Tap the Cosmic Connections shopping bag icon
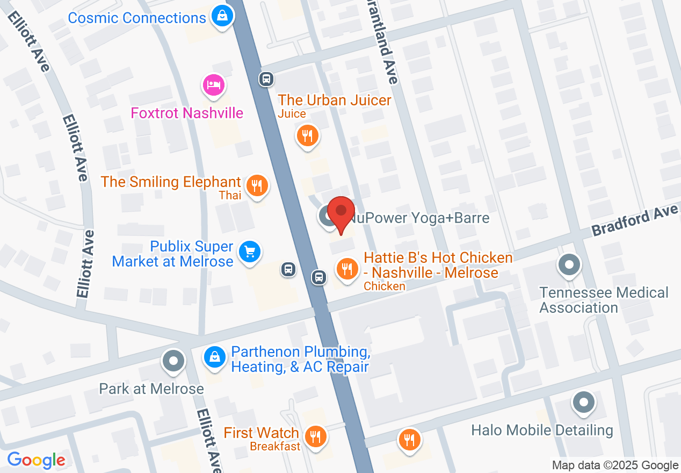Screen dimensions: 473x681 point(221,16)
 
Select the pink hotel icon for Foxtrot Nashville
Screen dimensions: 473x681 point(213,85)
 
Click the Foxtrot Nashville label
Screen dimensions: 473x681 point(187,113)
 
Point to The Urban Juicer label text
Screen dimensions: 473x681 point(335,100)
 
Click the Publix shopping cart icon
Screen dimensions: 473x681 point(250,251)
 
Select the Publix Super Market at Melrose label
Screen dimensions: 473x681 point(173,254)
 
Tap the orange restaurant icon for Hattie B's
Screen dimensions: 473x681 point(347,268)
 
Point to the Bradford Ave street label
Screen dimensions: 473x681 point(635,220)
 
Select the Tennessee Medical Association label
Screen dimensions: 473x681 point(604,300)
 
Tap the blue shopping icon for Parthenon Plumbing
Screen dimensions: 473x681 point(214,356)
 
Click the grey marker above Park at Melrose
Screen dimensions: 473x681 point(173,361)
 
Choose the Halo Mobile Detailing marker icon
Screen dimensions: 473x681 point(583,403)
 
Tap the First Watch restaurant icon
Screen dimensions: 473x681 point(315,436)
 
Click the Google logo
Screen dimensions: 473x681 point(37,460)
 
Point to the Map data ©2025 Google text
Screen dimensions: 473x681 point(615,465)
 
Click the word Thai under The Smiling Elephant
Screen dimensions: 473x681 point(230,196)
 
